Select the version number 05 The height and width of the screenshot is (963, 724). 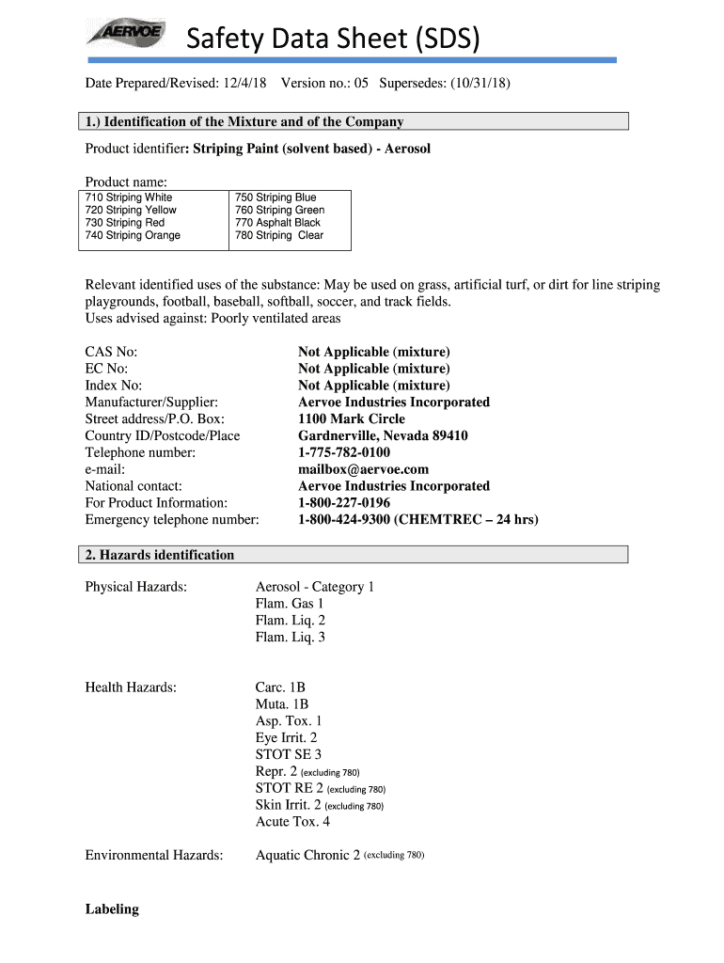pos(360,84)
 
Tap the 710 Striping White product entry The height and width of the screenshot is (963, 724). pos(129,197)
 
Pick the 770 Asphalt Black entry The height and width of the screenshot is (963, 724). pos(277,223)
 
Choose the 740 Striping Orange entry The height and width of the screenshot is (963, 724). pos(133,236)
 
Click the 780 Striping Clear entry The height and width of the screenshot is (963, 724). pos(278,236)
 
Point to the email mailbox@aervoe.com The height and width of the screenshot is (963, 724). pos(363,469)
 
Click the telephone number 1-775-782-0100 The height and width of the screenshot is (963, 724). pos(344,452)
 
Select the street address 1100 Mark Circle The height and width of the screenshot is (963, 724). pos(352,418)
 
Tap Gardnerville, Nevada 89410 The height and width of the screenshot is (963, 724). pos(383,435)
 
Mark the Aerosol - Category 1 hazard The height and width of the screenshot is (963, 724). pos(314,587)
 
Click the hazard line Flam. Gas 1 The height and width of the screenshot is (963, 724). pos(289,604)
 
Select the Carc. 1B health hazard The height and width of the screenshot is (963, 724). pos(280,687)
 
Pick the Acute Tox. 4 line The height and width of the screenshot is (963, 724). pos(292,822)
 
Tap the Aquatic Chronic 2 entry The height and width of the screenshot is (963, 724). pos(307,856)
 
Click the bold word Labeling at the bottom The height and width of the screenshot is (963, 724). pos(112,909)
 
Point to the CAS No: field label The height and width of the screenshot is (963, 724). pos(111,352)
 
